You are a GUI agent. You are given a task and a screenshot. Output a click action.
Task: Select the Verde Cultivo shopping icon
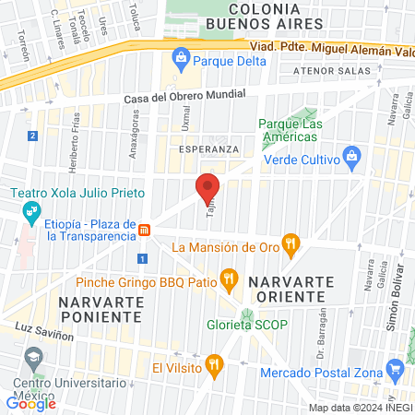point(350,156)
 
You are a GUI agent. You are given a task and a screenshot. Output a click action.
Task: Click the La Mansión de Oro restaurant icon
point(290,244)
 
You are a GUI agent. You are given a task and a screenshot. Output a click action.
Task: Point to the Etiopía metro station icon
point(143,229)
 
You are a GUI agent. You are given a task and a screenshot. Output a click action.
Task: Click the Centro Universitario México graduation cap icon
point(32,357)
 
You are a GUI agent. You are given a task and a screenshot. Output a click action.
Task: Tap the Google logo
point(31,403)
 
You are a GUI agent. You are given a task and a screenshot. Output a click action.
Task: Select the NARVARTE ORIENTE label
point(289,289)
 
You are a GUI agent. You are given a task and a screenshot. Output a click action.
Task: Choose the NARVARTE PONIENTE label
point(101,309)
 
